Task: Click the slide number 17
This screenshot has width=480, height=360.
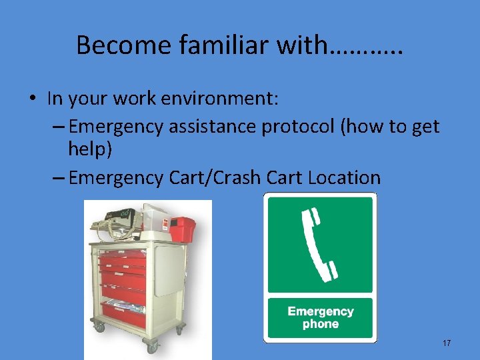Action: click(x=447, y=343)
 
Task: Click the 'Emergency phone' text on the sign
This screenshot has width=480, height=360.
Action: click(x=321, y=318)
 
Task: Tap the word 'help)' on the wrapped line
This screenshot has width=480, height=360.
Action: click(x=90, y=149)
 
